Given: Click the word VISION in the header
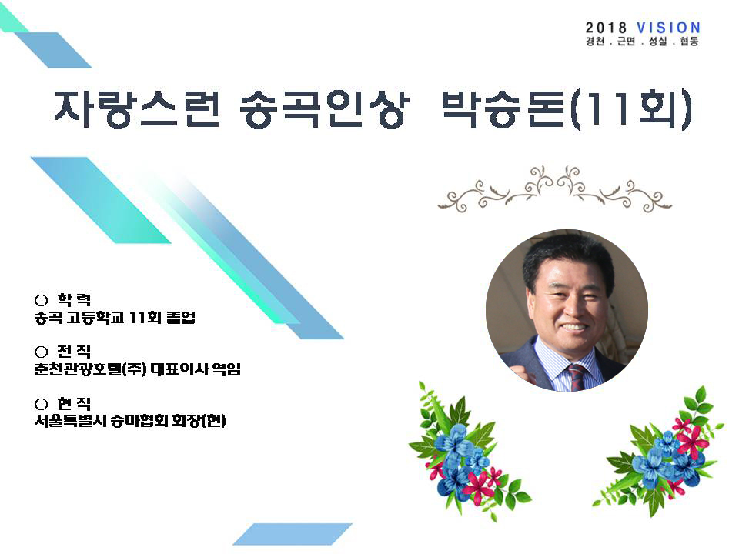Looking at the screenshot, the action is coord(668,28).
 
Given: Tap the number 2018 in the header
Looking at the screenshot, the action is coord(606,28).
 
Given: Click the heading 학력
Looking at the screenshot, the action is coord(74,299).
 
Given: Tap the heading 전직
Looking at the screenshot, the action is coord(74,352).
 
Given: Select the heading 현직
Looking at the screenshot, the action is coord(74,404).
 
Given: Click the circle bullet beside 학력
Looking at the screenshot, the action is coord(42,300).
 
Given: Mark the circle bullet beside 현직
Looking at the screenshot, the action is coord(42,404).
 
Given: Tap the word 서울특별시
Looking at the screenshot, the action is coord(71,420).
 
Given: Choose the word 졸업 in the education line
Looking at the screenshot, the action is coord(181,317).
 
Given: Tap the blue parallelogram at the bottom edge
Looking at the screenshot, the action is coord(293,534).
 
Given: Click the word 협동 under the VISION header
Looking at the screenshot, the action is coord(688,42).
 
